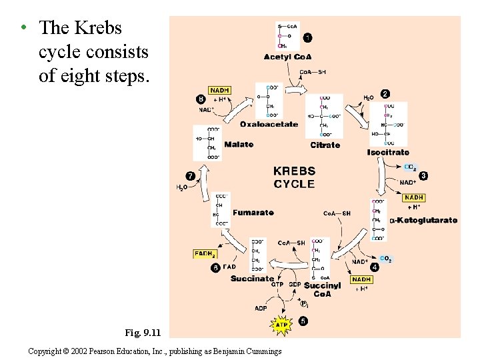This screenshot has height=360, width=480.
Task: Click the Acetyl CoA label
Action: pos(287,57)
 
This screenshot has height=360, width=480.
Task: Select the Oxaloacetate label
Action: pos(269,124)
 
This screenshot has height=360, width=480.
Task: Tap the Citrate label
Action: pos(325,145)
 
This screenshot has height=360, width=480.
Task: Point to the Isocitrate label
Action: pos(388,152)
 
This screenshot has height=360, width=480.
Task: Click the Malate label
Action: pos(239,144)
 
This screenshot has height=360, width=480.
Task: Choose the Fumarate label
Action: pos(253,213)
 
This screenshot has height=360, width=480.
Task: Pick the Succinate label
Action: pos(253,279)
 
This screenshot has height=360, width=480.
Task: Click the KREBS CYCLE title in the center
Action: pos(294,177)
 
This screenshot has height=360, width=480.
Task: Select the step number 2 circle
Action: pos(385,94)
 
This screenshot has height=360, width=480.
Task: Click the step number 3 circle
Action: pos(423,175)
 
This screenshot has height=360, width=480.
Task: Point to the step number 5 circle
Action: pos(304,321)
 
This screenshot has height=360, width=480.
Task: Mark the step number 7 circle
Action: pos(190,176)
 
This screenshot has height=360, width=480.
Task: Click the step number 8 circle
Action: pos(201,99)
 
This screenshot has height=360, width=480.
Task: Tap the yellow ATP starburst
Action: pos(281,325)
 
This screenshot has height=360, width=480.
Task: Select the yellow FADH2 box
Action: pos(204,254)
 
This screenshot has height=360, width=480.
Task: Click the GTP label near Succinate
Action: pos(277,285)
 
